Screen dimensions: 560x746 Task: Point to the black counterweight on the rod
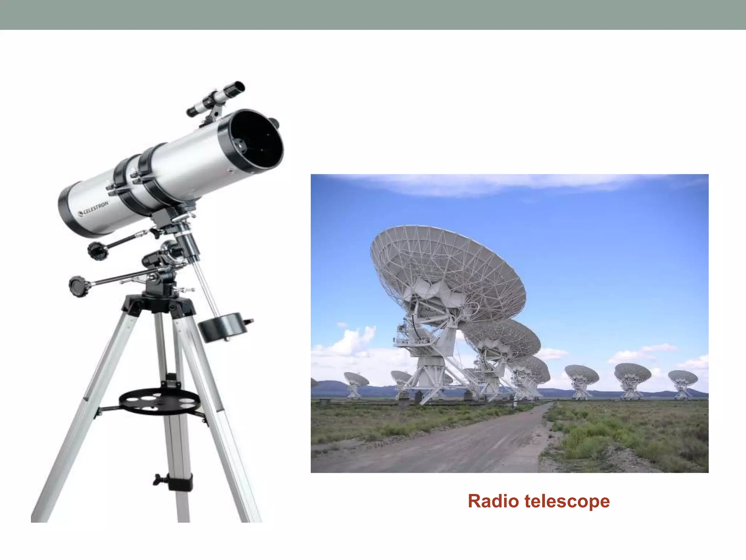point(223,327)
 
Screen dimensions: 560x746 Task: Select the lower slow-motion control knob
point(78,285)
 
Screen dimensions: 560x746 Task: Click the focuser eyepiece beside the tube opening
point(275,123)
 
